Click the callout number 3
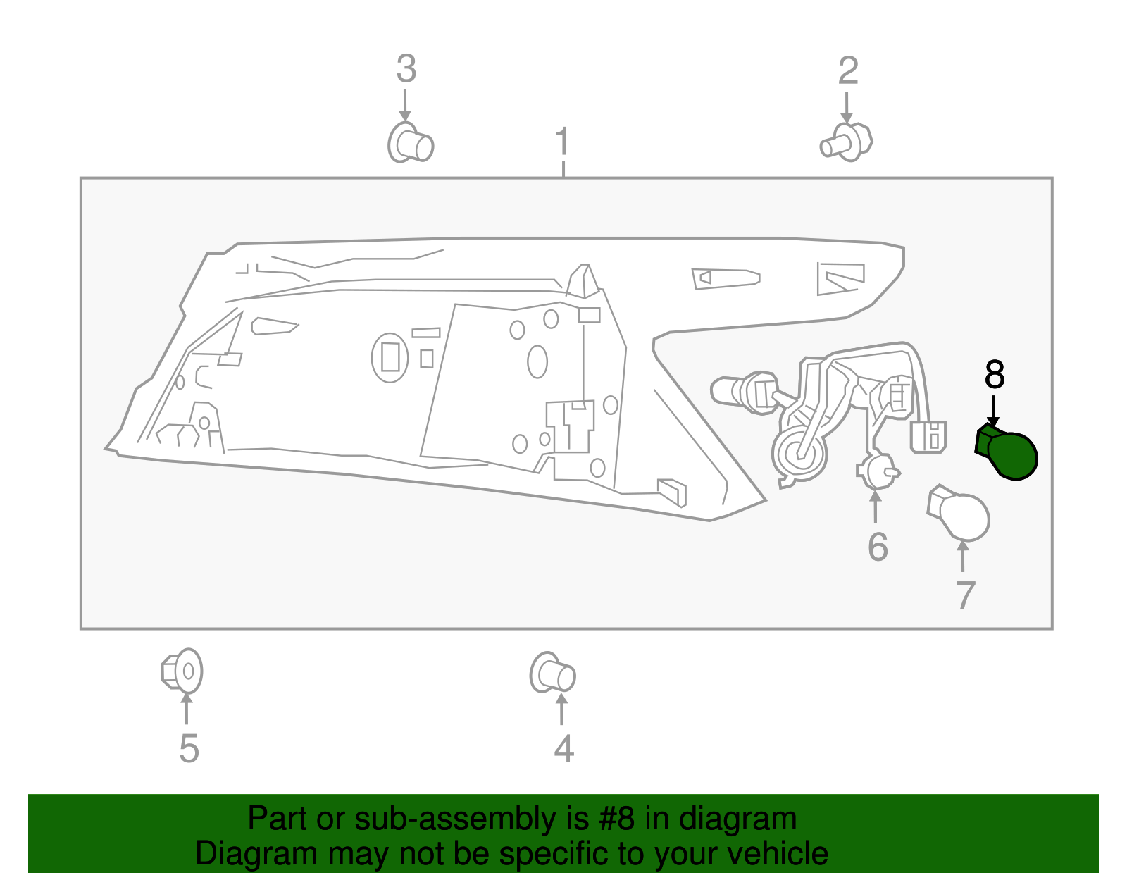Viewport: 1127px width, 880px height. (x=406, y=68)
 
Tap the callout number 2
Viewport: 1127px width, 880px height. (x=848, y=70)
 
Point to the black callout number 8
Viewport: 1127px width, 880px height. (x=995, y=374)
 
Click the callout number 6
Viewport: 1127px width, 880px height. (x=878, y=547)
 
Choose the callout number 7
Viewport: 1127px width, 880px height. (x=965, y=595)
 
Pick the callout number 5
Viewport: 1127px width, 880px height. (x=189, y=749)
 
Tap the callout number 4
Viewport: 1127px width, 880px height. (x=563, y=749)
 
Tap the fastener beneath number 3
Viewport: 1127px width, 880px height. (x=410, y=142)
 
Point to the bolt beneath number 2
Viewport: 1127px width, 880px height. (x=847, y=142)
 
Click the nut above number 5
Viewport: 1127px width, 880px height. (x=182, y=671)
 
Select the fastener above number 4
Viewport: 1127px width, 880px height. (x=552, y=673)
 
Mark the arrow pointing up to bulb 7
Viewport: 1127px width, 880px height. (x=963, y=556)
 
